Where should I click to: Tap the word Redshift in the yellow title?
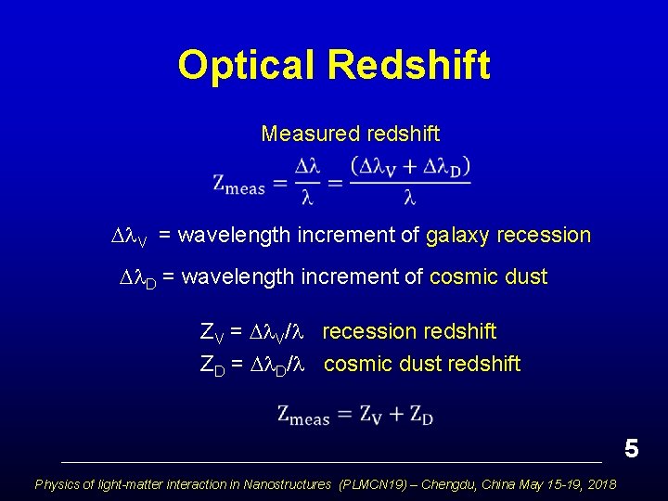[x=408, y=66]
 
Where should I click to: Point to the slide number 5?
[x=632, y=449]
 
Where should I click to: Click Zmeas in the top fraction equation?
[x=238, y=184]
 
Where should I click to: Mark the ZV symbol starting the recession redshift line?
[x=212, y=333]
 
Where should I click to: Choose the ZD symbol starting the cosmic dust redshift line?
[x=212, y=365]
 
